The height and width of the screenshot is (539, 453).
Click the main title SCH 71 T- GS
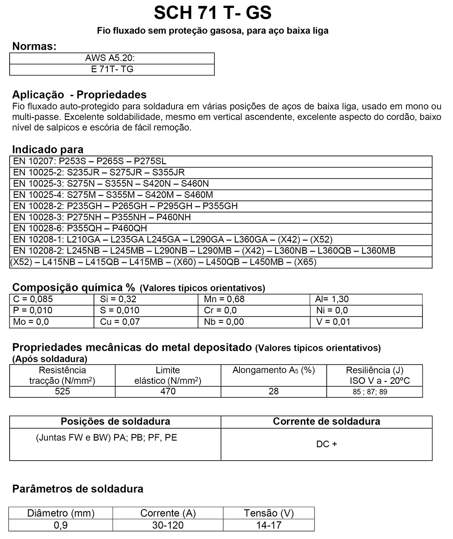pos(213,13)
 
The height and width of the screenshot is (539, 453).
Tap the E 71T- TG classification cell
pos(112,69)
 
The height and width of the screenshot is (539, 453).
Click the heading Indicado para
pos(48,149)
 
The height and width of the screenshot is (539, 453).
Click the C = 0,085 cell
pos(34,299)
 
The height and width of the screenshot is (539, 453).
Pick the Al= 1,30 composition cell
pos(332,299)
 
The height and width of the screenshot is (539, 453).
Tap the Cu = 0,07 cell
pos(120,322)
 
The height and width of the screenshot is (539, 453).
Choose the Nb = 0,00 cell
pos(224,322)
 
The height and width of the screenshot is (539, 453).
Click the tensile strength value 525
pos(62,391)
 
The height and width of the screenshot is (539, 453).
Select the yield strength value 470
pos(168,391)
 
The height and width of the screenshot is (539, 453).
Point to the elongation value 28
pos(273,391)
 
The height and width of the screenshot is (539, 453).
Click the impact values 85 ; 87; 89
pos(370,392)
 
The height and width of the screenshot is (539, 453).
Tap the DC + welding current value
pos(326,444)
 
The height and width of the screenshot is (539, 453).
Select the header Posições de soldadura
pos(115,422)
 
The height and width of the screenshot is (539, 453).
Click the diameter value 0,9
pos(61,525)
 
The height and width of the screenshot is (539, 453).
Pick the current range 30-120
pos(168,525)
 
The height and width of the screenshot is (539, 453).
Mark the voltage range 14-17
pos(269,525)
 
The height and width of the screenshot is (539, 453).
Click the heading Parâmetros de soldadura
pos(78,489)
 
